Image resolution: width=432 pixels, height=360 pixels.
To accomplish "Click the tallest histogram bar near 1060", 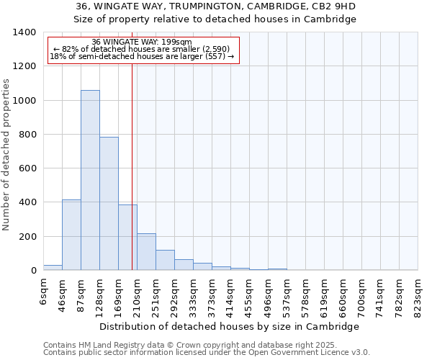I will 90,180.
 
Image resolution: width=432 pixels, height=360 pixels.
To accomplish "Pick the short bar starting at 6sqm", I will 53,267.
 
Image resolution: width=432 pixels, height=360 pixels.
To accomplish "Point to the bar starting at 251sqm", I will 165,260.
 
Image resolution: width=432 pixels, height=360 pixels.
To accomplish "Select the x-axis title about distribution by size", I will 229,326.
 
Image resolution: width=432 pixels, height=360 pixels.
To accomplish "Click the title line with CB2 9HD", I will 215,6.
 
